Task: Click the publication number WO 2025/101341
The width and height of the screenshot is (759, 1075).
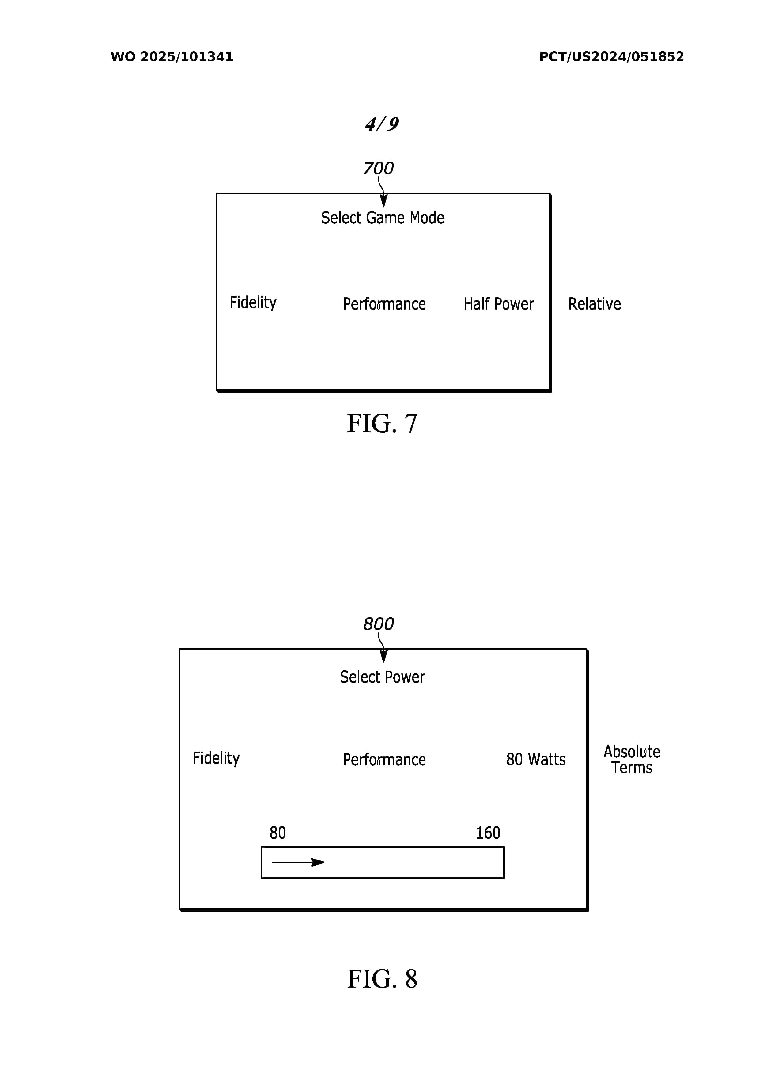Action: pos(172,57)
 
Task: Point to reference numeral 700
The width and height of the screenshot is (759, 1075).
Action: pos(378,168)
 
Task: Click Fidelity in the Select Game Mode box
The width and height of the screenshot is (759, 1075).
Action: pos(253,303)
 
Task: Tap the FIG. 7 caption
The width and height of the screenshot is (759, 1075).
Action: pos(382,423)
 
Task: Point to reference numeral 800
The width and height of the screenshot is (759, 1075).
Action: pos(378,624)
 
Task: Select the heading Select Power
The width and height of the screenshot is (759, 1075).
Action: pos(382,677)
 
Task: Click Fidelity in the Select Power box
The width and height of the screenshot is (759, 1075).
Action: pos(216,758)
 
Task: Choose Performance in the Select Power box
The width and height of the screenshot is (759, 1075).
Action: pos(384,760)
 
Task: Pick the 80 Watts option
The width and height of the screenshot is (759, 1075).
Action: pos(536,760)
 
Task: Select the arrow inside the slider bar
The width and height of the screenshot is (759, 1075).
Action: pos(298,863)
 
